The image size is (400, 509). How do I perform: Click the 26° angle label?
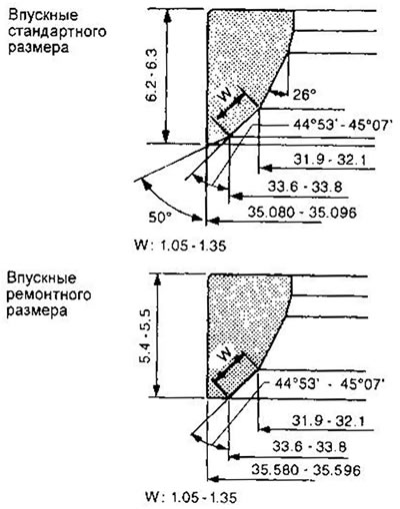304,96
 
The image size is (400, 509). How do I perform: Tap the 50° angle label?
160,218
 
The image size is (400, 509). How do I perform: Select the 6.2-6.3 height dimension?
153,76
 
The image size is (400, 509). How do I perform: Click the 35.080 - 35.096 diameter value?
302,213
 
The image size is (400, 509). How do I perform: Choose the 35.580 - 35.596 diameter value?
306,470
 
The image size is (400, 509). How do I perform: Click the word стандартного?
57,32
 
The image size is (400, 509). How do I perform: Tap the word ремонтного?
49,294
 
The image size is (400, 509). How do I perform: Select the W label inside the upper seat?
226,97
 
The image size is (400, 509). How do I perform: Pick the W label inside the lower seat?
226,355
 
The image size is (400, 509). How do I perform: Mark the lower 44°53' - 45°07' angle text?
329,384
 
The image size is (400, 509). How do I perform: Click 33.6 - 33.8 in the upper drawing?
305,187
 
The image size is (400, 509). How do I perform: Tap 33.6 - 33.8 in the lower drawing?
309,446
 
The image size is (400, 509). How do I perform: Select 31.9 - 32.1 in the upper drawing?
329,160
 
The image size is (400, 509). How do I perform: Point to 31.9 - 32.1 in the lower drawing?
328,421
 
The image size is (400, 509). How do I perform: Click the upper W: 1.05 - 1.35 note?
180,246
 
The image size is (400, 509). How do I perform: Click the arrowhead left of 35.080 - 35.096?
212,220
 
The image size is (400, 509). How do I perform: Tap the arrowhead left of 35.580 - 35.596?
213,479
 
